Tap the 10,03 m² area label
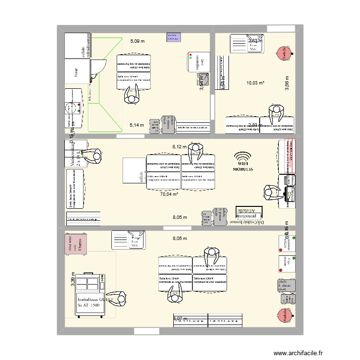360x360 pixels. [255, 83]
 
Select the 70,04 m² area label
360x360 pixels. [169, 194]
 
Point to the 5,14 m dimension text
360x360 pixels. [137, 125]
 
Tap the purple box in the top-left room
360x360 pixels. [173, 37]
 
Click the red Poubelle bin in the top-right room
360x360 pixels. [283, 53]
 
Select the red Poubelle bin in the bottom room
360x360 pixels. [283, 316]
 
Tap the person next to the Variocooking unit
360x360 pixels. [96, 156]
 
